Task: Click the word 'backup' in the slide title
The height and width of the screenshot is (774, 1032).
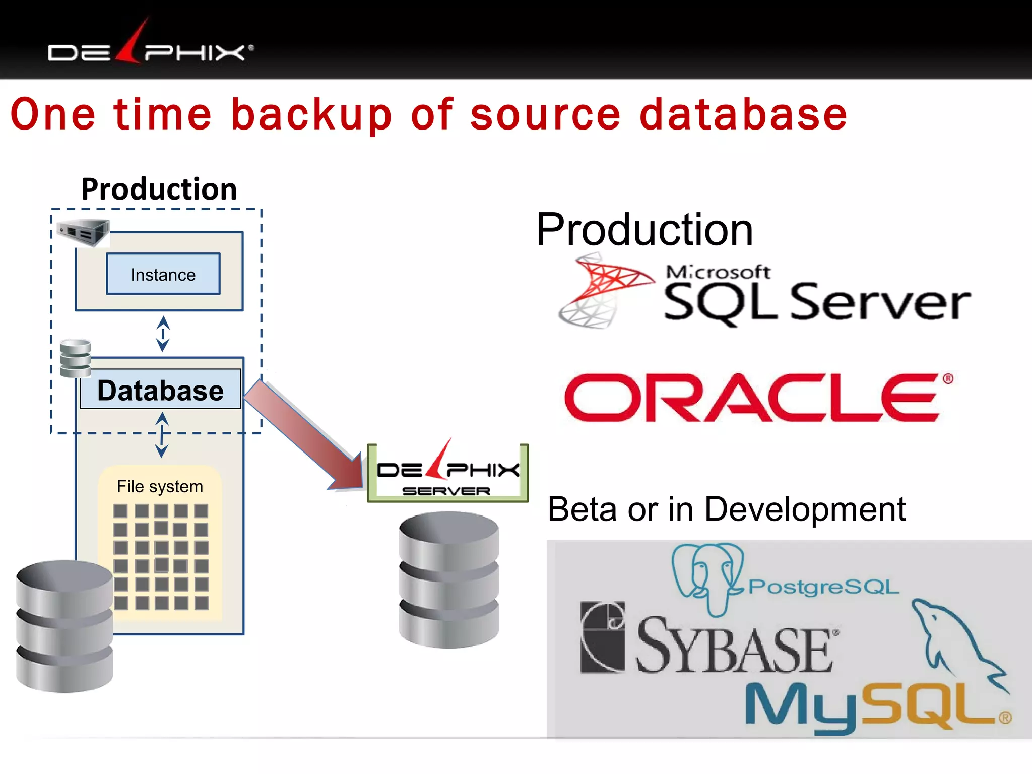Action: coord(311,115)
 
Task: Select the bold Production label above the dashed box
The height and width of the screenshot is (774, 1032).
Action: coord(159,189)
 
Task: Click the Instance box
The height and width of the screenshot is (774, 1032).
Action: coord(163,274)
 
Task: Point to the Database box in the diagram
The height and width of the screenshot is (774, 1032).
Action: coord(160,391)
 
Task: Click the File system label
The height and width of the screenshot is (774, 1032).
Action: coord(160,486)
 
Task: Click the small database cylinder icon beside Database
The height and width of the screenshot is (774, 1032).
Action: coord(76,358)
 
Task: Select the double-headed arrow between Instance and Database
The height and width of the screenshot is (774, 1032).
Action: coord(163,334)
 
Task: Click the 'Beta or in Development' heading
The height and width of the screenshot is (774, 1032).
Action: coord(726,509)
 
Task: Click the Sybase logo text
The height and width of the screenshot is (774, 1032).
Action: coord(733,648)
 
